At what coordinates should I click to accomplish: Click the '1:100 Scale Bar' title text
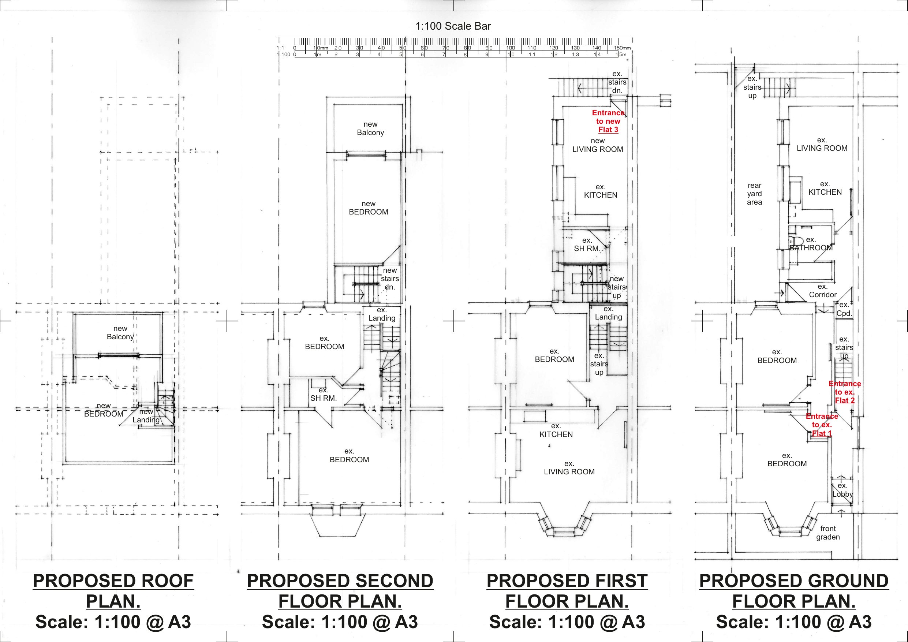(x=453, y=26)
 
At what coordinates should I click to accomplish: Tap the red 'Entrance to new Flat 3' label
(x=608, y=122)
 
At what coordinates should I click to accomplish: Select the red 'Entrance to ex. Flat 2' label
(x=845, y=392)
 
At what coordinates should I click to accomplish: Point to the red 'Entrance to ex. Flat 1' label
(x=822, y=425)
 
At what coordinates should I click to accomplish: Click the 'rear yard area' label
(x=754, y=194)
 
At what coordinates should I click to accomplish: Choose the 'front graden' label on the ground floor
(x=828, y=533)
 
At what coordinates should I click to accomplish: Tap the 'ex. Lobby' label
(x=842, y=490)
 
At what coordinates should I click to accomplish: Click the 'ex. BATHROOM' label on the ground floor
(x=811, y=244)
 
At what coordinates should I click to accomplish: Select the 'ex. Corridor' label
(x=823, y=291)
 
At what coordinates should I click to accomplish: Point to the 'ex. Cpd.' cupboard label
(x=844, y=309)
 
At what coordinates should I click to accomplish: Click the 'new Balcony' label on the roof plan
(x=120, y=333)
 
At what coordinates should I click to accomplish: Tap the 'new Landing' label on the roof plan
(x=146, y=416)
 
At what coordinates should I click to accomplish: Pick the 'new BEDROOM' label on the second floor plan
(x=368, y=208)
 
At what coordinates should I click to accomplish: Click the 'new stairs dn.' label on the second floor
(x=389, y=279)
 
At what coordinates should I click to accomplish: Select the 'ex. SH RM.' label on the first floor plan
(x=587, y=245)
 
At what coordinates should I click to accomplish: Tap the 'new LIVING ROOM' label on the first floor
(x=598, y=145)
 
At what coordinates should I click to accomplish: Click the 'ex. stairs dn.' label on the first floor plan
(x=617, y=82)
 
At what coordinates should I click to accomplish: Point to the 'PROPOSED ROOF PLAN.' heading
(x=113, y=591)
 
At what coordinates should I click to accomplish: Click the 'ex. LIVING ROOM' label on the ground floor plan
(x=822, y=144)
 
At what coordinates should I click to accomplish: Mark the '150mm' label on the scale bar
(x=622, y=48)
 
